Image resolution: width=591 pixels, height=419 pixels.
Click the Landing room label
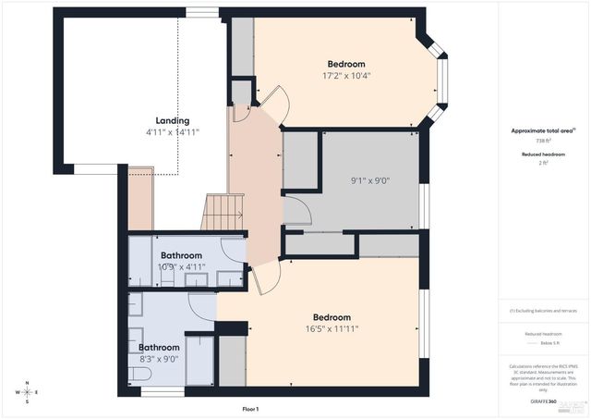173,121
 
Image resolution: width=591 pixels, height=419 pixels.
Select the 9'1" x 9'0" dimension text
369,180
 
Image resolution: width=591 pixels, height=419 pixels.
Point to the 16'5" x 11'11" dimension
332,328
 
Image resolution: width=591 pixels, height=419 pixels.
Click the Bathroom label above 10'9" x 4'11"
181,255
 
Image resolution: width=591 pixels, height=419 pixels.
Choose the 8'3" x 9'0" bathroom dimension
159,359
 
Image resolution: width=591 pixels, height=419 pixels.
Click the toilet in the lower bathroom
139,374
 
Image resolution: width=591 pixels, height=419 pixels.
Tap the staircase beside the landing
223,212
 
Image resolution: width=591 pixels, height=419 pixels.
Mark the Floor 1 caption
250,409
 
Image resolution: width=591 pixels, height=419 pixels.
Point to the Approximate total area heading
543,131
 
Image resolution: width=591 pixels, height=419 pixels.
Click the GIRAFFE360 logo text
544,402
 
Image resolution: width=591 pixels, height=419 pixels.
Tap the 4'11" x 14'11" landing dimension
173,132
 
